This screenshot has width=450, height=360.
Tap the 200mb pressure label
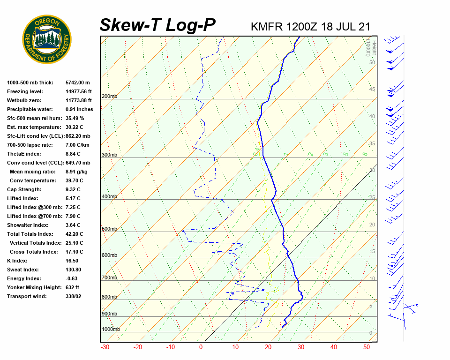(109, 97)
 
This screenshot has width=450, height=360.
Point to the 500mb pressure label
(109, 229)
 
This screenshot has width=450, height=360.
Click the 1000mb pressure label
(111, 329)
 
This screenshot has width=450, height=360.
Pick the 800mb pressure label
(109, 297)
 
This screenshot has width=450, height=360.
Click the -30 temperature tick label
(105, 347)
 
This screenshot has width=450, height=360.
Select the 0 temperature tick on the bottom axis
(201, 347)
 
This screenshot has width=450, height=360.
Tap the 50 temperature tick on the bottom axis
(367, 347)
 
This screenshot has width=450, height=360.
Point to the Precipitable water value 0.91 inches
(79, 109)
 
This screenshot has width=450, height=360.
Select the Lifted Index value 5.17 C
(73, 198)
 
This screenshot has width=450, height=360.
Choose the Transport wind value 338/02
(74, 296)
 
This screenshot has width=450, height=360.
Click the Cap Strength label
(24, 189)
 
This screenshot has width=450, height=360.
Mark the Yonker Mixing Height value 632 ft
(73, 287)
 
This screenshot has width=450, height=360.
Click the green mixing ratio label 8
(365, 154)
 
